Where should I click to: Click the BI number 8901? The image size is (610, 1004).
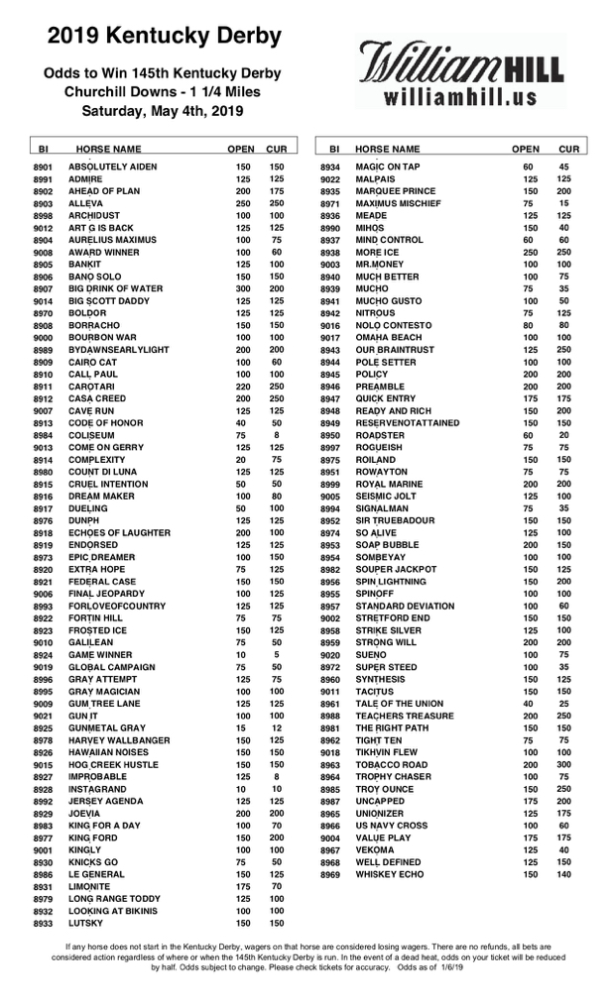point(43,167)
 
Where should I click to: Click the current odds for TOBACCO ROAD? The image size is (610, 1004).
point(563,765)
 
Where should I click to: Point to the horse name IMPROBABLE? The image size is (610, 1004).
point(98,777)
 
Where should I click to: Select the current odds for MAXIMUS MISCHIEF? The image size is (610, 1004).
point(563,203)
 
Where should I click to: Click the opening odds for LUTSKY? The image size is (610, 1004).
point(242,924)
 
